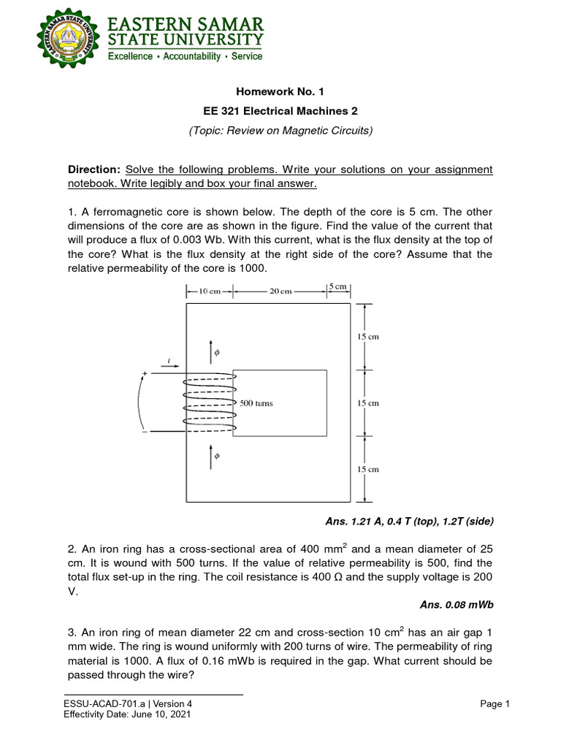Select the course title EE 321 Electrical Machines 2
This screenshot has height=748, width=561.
coord(280,111)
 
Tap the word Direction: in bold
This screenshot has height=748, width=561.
coord(93,169)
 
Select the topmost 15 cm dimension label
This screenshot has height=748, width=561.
coord(367,337)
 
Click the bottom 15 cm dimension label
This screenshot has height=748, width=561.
coord(367,470)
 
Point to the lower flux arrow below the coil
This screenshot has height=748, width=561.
coord(213,456)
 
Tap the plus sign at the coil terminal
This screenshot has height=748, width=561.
coord(145,374)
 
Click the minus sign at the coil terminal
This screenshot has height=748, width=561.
coord(145,432)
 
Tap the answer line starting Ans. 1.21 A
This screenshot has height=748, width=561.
coord(409,521)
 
